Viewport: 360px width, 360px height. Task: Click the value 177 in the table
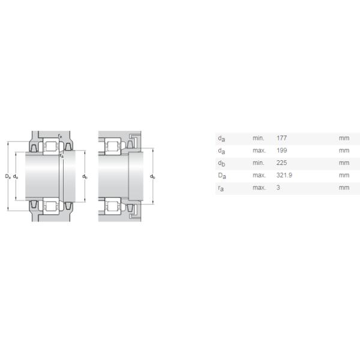pos(281,138)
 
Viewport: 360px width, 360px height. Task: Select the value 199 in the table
pos(281,151)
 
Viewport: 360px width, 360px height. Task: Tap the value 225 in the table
pos(281,163)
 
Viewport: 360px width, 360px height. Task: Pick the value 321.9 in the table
pos(284,175)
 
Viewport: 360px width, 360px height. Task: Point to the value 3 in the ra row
pos(278,188)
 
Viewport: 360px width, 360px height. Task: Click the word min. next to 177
pos(258,138)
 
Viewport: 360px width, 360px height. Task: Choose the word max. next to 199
pos(259,151)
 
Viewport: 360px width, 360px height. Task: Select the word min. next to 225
pos(258,163)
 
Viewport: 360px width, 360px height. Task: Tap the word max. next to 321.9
pos(259,175)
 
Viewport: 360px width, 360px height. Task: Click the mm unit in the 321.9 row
pos(344,175)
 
